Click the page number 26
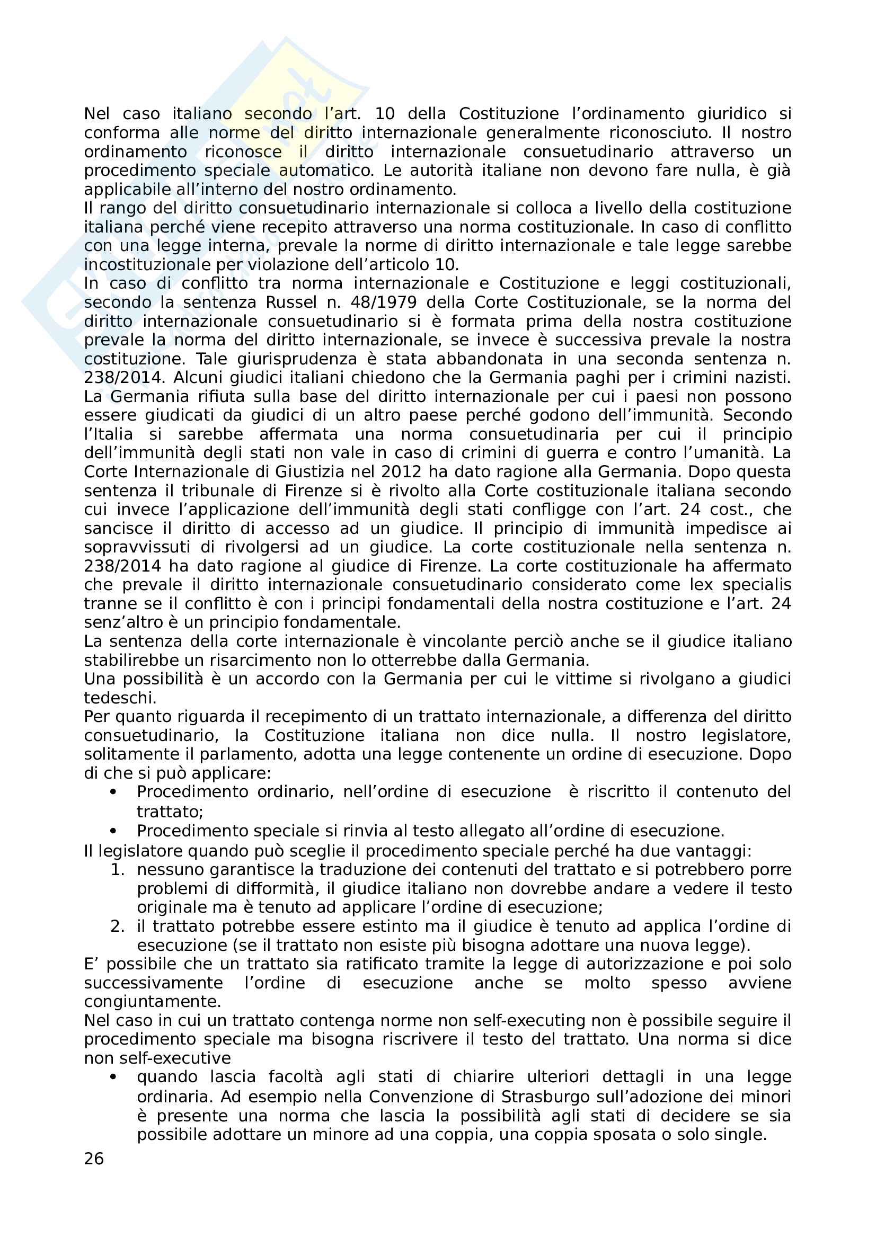coord(94,1158)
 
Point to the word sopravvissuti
coord(137,547)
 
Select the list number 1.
coord(118,870)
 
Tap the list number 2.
coord(118,926)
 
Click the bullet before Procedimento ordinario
coord(113,792)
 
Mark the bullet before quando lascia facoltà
coord(113,1077)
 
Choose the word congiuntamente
coord(152,1002)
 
